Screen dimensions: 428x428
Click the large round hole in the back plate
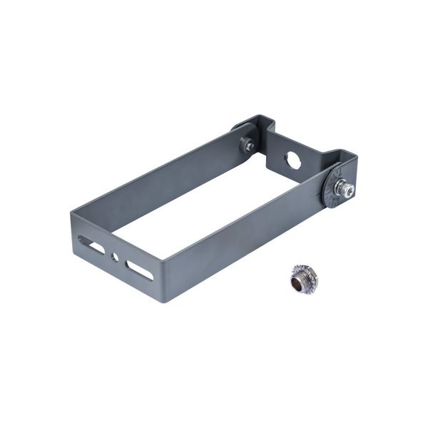(294, 160)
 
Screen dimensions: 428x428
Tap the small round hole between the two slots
(115, 255)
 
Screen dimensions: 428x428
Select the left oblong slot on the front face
(91, 245)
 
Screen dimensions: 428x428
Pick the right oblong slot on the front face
(139, 270)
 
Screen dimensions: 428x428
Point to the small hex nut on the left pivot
(249, 146)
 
